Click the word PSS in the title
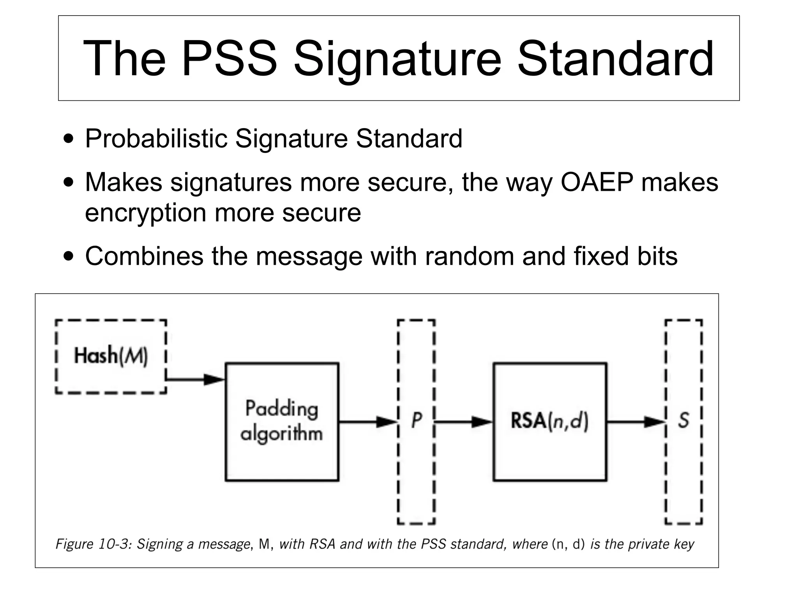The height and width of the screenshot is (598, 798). (x=229, y=59)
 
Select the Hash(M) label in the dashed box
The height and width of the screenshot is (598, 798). (x=111, y=356)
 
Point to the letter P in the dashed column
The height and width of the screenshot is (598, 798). (x=416, y=420)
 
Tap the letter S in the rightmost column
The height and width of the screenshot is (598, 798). (x=683, y=420)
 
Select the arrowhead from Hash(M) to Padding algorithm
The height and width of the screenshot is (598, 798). (x=214, y=379)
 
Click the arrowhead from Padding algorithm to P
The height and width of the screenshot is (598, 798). (x=386, y=422)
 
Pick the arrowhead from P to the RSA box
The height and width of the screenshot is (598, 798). (x=482, y=422)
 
